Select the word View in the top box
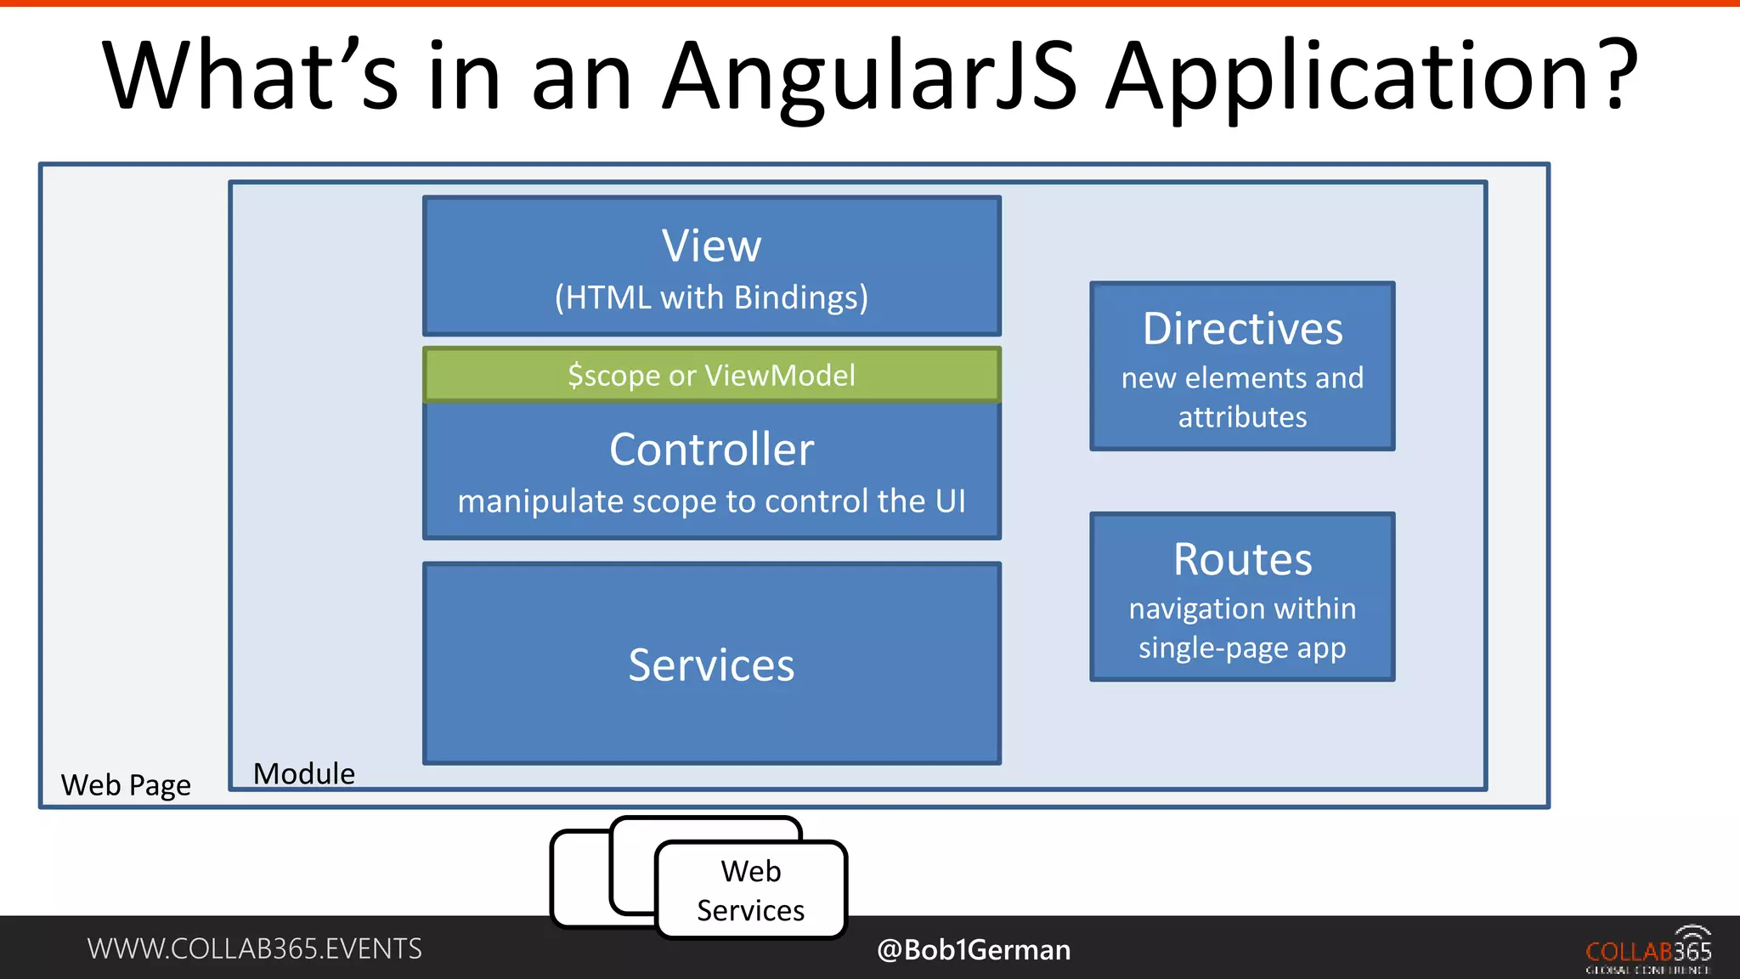[x=711, y=246]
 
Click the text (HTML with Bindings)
[x=711, y=297]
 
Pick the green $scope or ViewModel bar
[x=711, y=375]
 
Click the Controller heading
[x=711, y=449]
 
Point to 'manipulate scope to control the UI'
[x=711, y=501]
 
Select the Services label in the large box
[x=711, y=665]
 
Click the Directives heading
[x=1242, y=329]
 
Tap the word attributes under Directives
[x=1242, y=417]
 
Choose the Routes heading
[x=1242, y=559]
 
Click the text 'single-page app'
[x=1242, y=648]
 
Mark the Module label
[x=304, y=773]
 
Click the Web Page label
[x=126, y=784]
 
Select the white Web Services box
[x=751, y=890]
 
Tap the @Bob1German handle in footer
[x=974, y=949]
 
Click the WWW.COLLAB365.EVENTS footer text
[x=254, y=948]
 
